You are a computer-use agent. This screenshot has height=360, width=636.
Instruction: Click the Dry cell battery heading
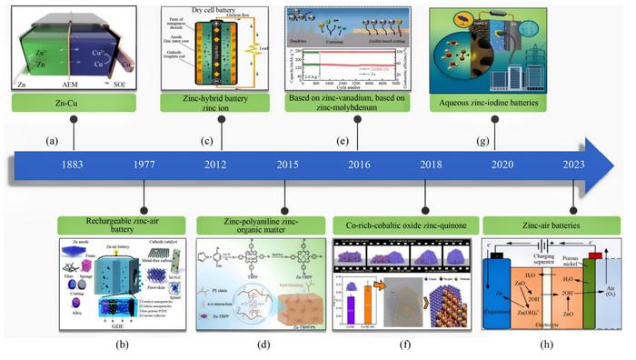click(214, 7)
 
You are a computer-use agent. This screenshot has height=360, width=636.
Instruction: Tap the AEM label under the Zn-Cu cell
click(73, 83)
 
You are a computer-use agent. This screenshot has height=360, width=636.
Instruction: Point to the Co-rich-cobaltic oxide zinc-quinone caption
click(402, 221)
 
